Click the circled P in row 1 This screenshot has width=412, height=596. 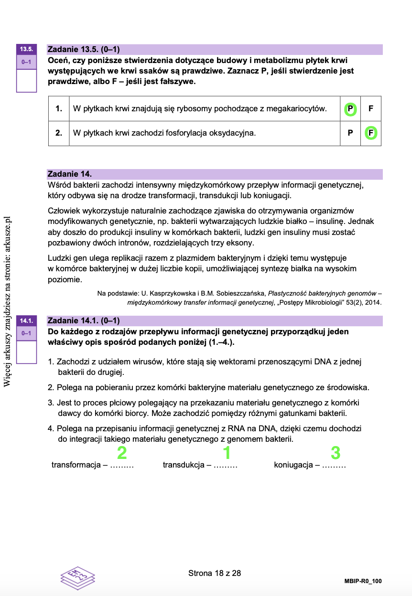coord(350,109)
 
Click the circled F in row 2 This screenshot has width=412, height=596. coord(371,133)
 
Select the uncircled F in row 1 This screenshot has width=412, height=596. coord(371,109)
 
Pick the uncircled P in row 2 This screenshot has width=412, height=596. coord(350,133)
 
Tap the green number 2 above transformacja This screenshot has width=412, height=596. coord(122,452)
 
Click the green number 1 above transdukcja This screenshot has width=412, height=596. coord(227,452)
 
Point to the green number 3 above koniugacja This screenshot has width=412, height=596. coord(336,452)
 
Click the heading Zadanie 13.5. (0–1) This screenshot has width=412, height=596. coord(84,49)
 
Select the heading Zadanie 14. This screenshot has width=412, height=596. coord(70,174)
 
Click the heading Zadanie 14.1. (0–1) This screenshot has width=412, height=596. coord(84,320)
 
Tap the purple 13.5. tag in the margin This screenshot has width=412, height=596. coord(26,49)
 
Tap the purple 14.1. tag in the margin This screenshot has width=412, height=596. coord(26,320)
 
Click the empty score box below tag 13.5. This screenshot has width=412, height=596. coord(26,80)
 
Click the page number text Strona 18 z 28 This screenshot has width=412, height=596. coord(215,573)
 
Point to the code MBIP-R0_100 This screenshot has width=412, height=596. coord(363,581)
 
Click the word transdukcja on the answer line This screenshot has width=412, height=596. coord(184,465)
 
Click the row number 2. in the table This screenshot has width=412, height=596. coord(59,133)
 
